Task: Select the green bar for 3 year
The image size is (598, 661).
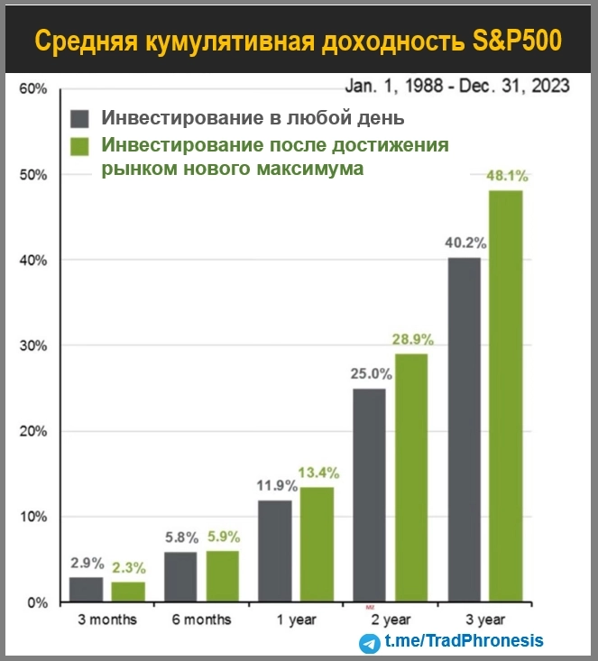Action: pos(506,396)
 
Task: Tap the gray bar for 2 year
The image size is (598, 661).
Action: pos(368,495)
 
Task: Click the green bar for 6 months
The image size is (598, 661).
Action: pos(223,576)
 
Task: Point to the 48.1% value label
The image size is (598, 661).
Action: pos(506,177)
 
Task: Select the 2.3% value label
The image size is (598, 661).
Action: pos(128,568)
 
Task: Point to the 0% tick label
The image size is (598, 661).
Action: pos(36,602)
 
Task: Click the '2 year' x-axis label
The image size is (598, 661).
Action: pos(388,620)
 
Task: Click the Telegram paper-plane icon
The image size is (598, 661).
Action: pos(370,643)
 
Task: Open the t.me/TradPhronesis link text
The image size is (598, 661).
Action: pos(464,642)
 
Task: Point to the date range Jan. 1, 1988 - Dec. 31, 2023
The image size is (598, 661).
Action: pos(457,86)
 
